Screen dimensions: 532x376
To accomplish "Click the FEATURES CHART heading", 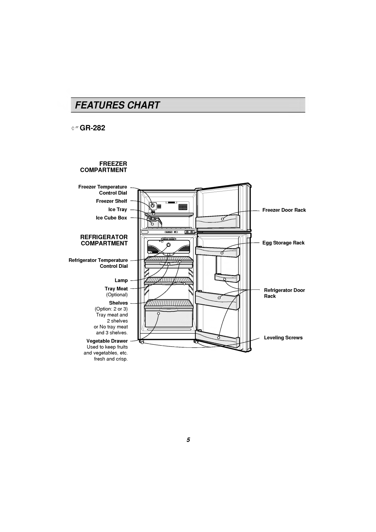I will point(118,105).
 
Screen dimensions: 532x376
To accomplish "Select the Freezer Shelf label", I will point(111,201).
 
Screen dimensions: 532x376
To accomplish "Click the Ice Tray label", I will point(117,209).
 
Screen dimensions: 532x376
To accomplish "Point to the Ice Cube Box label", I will point(111,218).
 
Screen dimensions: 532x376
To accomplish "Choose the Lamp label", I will point(121,280).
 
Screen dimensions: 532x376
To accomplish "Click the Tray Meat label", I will point(116,289).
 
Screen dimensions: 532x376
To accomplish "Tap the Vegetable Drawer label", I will point(107,341).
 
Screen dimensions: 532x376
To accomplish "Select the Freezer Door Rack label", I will point(284,210).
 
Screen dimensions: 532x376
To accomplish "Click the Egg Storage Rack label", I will point(283,243).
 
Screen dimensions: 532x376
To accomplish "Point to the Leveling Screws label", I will point(283,338).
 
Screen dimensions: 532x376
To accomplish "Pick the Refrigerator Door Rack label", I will point(284,293).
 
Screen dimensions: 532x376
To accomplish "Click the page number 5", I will point(188,440).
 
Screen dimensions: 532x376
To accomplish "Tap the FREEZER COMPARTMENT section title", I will point(104,167).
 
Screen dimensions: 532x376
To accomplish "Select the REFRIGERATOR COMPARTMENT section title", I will point(104,240).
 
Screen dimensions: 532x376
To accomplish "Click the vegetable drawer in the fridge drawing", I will point(169,317).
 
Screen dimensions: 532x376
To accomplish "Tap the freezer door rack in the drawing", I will point(218,222).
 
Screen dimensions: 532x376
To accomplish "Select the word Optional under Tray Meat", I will point(117,295).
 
